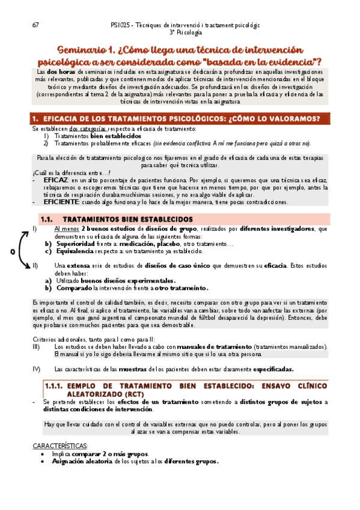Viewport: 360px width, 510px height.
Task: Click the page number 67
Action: pyautogui.click(x=35, y=25)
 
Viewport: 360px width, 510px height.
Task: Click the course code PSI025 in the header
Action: pyautogui.click(x=122, y=25)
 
